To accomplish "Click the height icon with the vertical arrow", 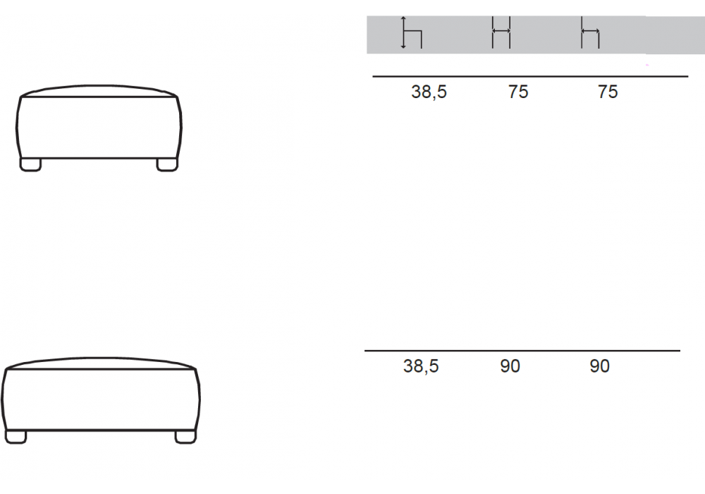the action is [412, 32].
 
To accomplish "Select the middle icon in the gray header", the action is [501, 32].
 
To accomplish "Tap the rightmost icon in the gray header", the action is [590, 32].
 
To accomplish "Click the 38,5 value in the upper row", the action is [429, 92].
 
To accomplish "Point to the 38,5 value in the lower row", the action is [421, 366].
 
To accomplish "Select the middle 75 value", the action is [518, 92].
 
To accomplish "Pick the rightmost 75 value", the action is [608, 92].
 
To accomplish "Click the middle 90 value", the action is [510, 366].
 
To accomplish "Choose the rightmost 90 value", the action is [599, 366].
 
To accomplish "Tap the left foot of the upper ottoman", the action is [30, 164].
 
